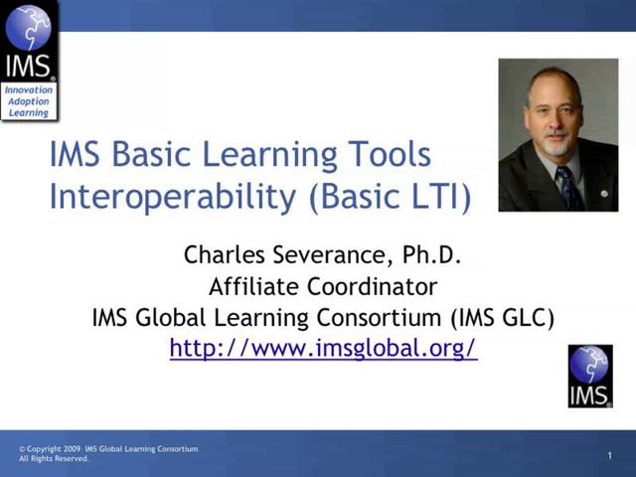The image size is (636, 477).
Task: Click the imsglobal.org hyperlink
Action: coord(324,348)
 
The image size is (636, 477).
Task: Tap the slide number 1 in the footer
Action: coord(610,456)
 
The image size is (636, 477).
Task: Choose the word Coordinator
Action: coord(373,287)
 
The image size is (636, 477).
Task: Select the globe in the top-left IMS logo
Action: coord(28,28)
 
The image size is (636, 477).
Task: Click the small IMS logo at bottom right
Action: coord(590,376)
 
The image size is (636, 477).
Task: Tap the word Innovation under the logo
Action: coord(29,90)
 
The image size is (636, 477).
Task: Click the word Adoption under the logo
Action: coord(29,101)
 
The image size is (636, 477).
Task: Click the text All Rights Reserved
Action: coord(54,459)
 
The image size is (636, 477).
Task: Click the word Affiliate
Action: coord(253,287)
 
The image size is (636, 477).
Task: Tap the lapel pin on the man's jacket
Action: coord(604,194)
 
